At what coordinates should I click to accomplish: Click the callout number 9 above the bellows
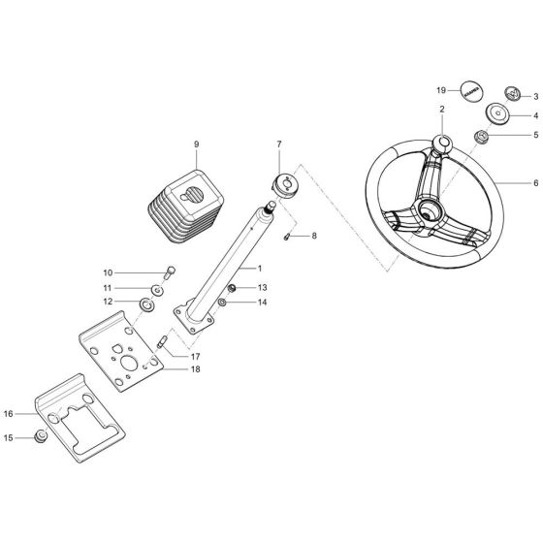coord(196,144)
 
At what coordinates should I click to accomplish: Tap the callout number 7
coord(279,144)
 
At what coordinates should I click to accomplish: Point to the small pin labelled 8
coord(288,236)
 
